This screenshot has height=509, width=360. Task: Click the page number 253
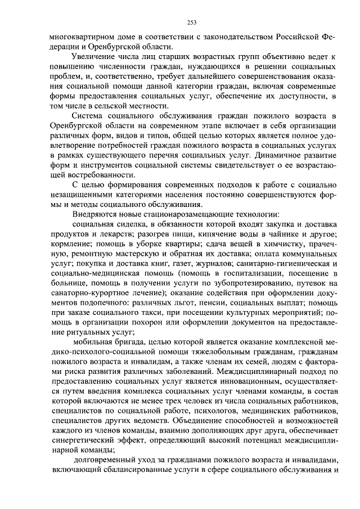pyautogui.click(x=191, y=23)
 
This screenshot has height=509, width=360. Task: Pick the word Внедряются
pyautogui.click(x=95, y=213)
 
